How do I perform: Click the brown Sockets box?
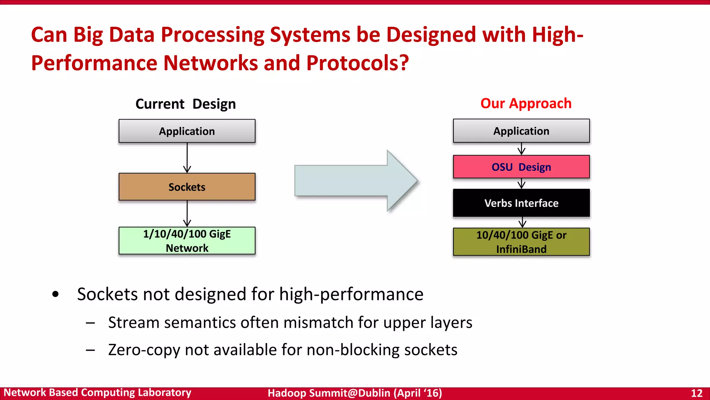187,187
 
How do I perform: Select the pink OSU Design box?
521,167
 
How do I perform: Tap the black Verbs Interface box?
521,203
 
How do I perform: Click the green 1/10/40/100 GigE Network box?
187,241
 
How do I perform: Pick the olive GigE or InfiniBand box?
521,242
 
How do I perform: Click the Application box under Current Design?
187,131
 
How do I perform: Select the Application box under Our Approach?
521,131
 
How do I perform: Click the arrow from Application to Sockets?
187,158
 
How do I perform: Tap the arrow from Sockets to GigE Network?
187,214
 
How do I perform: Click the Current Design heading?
185,104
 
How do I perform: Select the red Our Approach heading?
526,103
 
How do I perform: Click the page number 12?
696,393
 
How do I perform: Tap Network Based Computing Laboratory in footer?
97,393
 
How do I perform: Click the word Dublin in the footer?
374,393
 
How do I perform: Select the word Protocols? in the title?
357,63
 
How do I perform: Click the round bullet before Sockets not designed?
55,294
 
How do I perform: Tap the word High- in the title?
557,35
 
